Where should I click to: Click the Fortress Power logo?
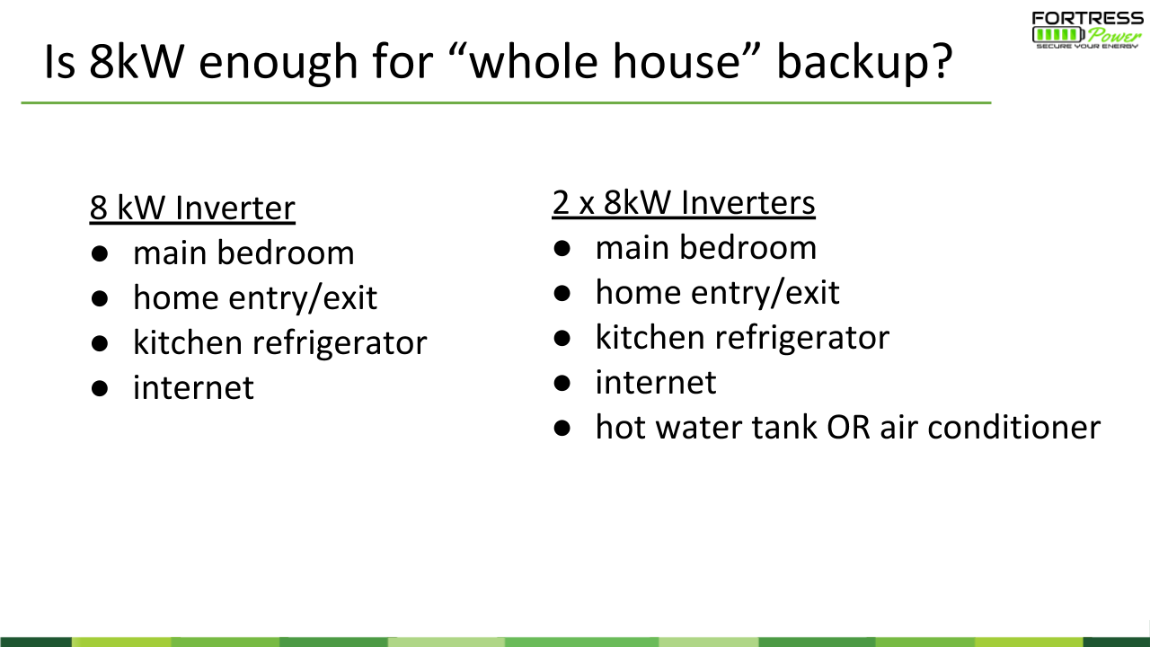point(1088,31)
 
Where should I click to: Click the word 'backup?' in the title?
point(864,62)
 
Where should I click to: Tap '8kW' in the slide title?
point(137,62)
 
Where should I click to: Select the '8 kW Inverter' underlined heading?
point(192,208)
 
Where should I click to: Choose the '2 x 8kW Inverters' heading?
point(684,203)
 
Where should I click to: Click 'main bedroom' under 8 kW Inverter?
point(243,253)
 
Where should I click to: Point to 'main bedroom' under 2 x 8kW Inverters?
point(706,247)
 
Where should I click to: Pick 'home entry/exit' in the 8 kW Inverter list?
point(255,297)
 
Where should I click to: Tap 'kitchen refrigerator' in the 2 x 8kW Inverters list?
point(742,338)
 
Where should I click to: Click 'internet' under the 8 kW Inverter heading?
point(193,387)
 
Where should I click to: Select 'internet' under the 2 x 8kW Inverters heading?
point(656,383)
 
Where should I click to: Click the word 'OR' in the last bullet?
point(849,427)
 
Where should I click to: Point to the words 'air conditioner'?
point(991,427)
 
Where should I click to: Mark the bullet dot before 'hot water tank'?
point(562,428)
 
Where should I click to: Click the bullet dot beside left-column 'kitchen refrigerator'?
point(100,343)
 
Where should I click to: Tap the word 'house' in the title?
point(677,62)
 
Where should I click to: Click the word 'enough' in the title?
point(278,64)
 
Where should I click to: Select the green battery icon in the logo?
point(1058,35)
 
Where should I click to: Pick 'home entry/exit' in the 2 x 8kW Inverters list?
point(717,293)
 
